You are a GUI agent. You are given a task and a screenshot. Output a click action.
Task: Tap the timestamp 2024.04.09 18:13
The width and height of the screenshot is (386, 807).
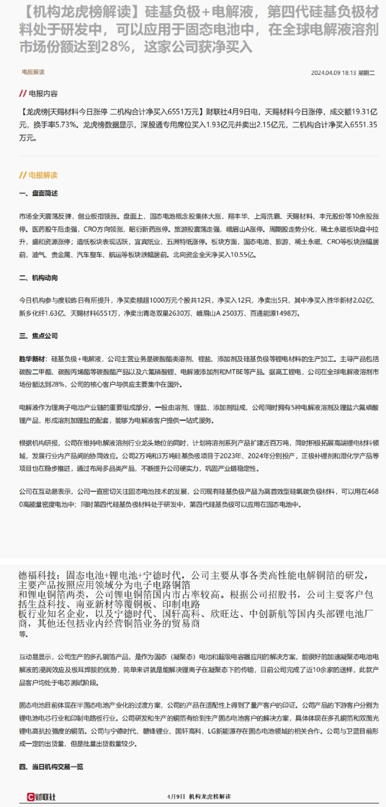click(x=333, y=73)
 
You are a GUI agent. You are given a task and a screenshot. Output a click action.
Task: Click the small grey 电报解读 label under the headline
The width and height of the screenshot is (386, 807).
click(x=33, y=72)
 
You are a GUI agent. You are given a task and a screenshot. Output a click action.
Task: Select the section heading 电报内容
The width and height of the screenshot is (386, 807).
click(x=43, y=94)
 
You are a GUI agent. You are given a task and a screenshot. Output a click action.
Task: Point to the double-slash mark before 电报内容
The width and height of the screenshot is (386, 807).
click(x=23, y=94)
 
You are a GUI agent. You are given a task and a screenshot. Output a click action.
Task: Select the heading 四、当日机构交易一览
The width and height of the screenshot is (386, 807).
click(x=51, y=767)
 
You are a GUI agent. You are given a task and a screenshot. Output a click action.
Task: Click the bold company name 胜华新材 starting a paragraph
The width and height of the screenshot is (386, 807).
click(x=33, y=359)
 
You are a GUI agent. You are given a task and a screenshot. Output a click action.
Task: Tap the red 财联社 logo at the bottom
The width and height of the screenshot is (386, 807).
click(x=41, y=796)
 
